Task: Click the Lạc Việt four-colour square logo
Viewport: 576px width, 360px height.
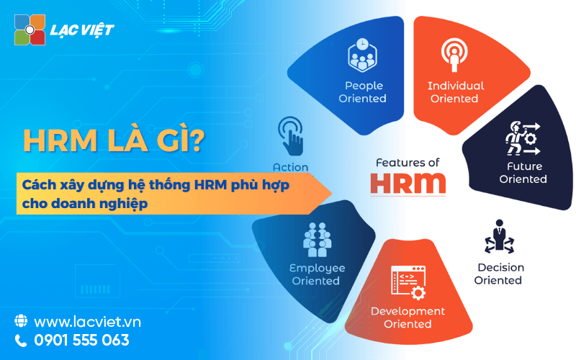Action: (30, 30)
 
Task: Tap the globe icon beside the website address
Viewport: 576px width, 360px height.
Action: (21, 320)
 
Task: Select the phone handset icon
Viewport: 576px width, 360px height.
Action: (21, 341)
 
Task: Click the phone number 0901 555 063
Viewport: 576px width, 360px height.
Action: (81, 340)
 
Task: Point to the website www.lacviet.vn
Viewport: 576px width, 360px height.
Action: (87, 322)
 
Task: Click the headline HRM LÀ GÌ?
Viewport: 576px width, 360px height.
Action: (114, 140)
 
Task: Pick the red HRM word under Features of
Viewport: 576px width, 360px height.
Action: (408, 184)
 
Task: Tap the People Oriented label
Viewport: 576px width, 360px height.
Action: (363, 92)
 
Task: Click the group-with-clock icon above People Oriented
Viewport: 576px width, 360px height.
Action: (362, 55)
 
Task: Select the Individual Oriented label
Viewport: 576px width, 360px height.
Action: (456, 92)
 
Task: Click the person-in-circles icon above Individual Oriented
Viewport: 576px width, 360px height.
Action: (454, 55)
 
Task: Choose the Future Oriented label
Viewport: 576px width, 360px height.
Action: (523, 173)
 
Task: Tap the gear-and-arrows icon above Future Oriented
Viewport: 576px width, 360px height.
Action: (523, 138)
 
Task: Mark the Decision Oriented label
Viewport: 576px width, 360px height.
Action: (500, 274)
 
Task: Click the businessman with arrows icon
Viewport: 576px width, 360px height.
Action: (499, 237)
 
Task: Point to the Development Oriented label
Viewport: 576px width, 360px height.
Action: (408, 318)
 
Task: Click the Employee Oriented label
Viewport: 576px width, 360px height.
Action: (317, 274)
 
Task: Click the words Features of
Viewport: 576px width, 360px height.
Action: (408, 163)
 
